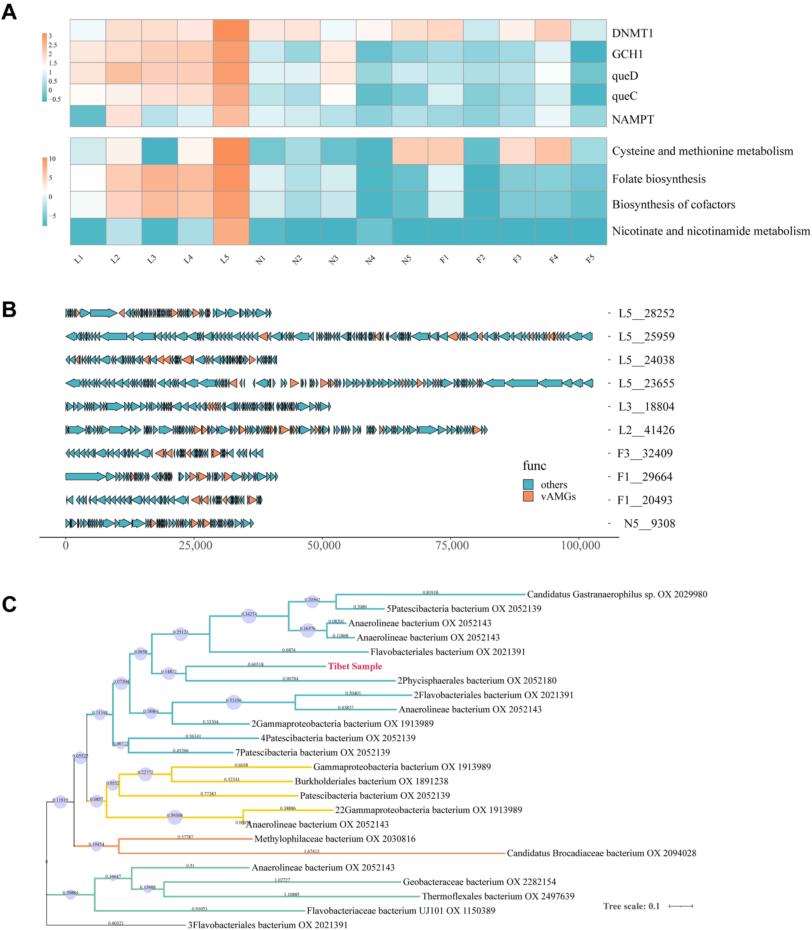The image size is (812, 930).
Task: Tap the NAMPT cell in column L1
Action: (88, 116)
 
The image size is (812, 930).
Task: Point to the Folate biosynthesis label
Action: (658, 179)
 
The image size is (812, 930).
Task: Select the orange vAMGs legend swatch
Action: (528, 496)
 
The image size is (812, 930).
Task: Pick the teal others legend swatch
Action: (528, 484)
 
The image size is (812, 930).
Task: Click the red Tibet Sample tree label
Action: (355, 666)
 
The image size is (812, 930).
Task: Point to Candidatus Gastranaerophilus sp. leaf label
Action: (617, 594)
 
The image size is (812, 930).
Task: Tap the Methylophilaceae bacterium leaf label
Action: (335, 839)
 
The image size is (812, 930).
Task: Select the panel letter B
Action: (9, 310)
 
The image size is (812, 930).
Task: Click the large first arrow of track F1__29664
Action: (85, 477)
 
